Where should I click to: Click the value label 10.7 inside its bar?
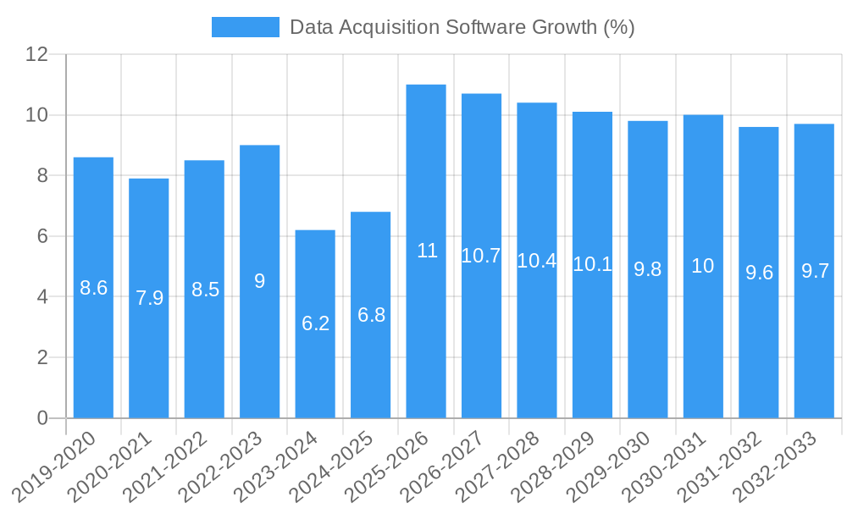point(481,256)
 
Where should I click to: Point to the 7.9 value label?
point(149,298)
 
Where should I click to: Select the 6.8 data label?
point(371,315)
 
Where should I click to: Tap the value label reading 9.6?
point(759,273)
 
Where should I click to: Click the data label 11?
point(427,251)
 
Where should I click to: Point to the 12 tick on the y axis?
point(37,55)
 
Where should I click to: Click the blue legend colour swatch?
point(245,27)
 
